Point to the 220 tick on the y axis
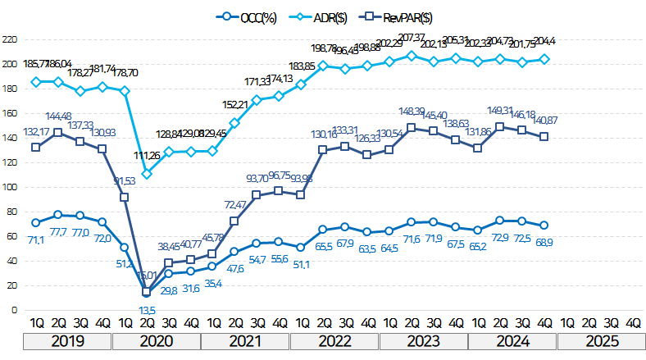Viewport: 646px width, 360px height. click(11, 39)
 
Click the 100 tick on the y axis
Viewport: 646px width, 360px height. click(11, 187)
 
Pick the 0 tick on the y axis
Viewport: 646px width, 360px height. click(15, 310)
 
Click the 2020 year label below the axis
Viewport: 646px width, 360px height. click(157, 340)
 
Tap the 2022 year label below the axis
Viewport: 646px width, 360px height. click(334, 340)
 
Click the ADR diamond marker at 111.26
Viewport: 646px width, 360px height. click(146, 173)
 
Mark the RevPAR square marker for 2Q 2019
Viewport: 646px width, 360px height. click(57, 132)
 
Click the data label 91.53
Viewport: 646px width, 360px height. click(125, 180)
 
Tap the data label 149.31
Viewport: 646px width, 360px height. click(500, 111)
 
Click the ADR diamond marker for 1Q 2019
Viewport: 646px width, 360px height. click(35, 82)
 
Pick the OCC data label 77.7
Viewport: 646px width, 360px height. click(58, 232)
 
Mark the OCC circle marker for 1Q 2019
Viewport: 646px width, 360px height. click(35, 222)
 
